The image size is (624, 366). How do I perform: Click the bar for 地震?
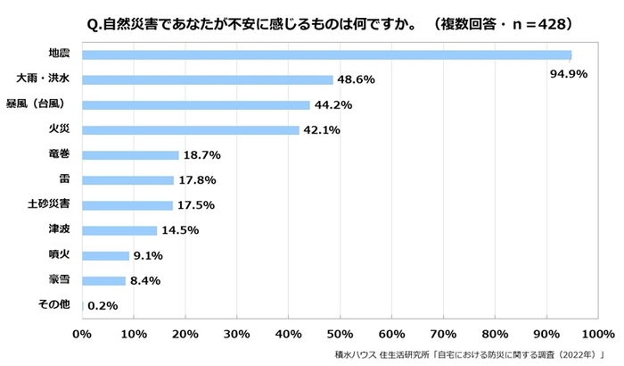click(326, 54)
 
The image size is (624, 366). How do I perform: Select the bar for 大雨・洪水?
click(207, 79)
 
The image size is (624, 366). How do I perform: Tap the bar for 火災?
click(191, 130)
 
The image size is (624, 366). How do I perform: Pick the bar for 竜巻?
click(130, 155)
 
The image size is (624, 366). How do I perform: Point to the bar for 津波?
click(119, 230)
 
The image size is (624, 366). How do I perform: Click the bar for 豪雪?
click(103, 280)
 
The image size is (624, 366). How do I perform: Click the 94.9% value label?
click(568, 73)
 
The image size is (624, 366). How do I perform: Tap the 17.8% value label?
click(197, 180)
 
